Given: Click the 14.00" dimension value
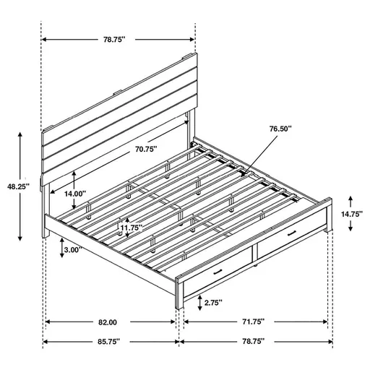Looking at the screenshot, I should click(74, 194).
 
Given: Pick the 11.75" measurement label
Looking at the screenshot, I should click(130, 228).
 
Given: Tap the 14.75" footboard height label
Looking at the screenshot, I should click(353, 214).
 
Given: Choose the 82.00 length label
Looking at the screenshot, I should click(107, 322).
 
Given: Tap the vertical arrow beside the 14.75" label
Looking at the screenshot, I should click(351, 214).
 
